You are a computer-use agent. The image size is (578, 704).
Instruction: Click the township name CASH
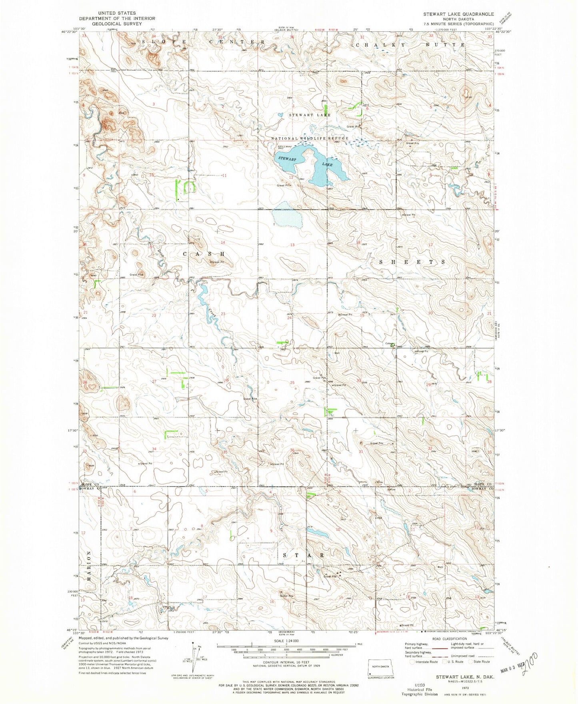point(204,254)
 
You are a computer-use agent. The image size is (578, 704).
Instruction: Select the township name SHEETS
point(412,262)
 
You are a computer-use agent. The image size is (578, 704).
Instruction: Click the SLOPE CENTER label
point(202,42)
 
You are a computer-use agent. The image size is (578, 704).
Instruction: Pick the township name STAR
point(304,556)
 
